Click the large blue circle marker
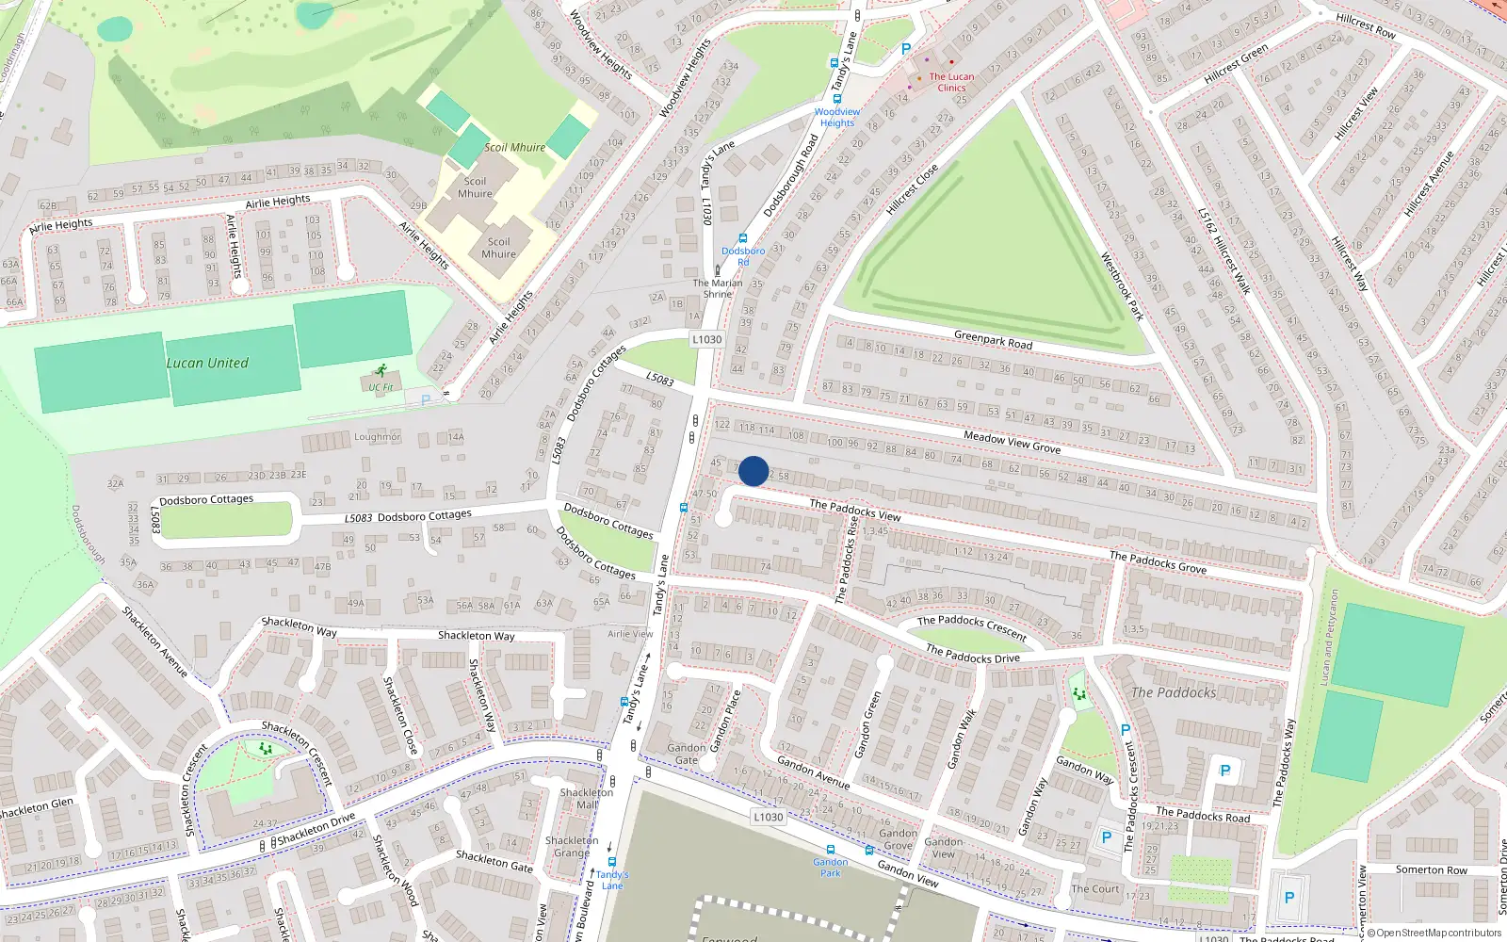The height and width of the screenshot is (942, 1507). point(753,471)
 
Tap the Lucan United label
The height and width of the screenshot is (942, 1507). point(207,363)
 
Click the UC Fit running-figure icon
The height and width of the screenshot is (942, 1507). point(381,371)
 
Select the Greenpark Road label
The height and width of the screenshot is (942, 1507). point(993,339)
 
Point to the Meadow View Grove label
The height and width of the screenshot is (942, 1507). point(1012,442)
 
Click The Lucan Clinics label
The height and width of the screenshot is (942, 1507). point(951,82)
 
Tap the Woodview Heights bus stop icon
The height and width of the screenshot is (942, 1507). point(836,98)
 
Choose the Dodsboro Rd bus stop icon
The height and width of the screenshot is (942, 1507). point(742,239)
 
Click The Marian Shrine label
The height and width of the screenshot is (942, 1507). point(718,288)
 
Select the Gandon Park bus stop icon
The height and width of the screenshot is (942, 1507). point(830,849)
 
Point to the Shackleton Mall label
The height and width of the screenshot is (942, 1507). point(586,798)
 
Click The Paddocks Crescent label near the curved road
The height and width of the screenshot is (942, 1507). point(971,626)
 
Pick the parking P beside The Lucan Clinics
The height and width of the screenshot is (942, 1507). point(906,49)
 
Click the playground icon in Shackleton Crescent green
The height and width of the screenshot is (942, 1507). point(266,749)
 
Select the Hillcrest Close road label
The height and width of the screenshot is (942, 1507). point(912,189)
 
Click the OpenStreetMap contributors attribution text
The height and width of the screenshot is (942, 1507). point(1433,934)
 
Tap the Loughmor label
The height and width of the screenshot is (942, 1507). point(377,437)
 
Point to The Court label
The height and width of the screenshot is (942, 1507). point(1094,888)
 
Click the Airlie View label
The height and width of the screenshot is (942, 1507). point(630,634)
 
